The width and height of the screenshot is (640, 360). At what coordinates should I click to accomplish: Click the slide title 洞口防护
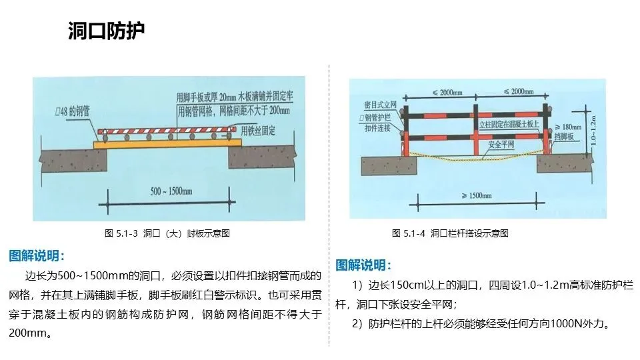(107, 31)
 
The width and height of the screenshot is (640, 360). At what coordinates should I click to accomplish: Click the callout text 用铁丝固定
(258, 129)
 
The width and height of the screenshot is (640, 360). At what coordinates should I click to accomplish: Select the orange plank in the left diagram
(167, 143)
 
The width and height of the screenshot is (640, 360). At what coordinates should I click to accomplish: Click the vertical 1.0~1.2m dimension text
(594, 129)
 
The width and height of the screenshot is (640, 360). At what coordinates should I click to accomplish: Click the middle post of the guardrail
(475, 129)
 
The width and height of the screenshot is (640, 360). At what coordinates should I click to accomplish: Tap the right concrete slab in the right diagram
(563, 163)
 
